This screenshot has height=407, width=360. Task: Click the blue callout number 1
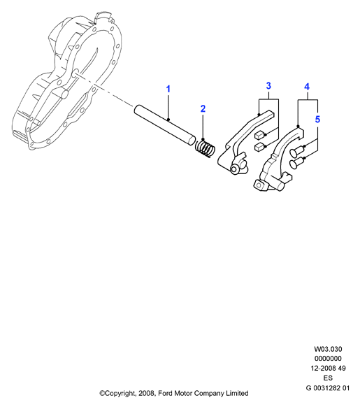point(168,89)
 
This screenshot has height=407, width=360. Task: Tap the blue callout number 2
point(203,109)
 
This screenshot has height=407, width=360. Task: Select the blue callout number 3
point(268,85)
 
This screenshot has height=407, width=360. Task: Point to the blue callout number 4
point(307,87)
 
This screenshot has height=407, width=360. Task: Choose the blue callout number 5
point(317,120)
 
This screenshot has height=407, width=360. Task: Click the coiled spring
point(205,149)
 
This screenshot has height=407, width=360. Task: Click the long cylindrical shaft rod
point(165,124)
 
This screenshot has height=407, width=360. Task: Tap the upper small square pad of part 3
point(260,135)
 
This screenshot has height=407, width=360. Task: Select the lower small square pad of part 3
point(260,147)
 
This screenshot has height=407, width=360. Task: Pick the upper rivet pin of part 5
point(296,152)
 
